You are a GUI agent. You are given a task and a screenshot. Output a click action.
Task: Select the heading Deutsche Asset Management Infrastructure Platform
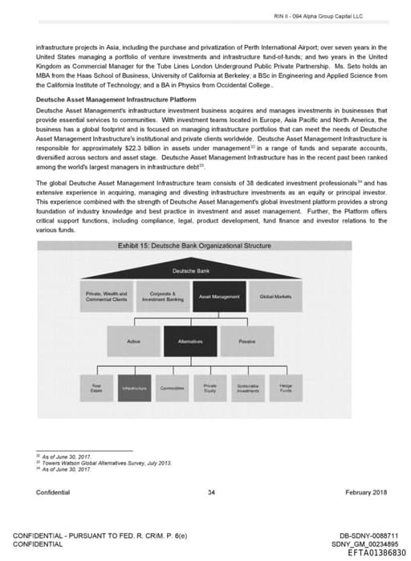coord(116,99)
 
